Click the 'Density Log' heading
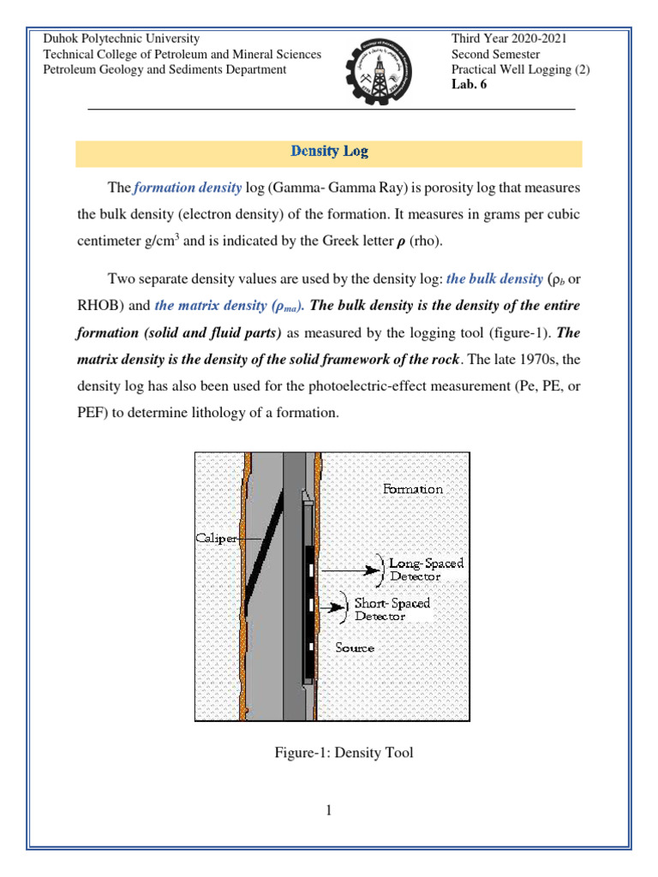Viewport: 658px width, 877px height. (x=329, y=152)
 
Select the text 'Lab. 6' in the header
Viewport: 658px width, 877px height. (x=469, y=84)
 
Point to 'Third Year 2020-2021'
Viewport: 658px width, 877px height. (x=509, y=39)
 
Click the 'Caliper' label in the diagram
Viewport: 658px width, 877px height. (x=212, y=538)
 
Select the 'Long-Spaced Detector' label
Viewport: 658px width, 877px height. (x=426, y=570)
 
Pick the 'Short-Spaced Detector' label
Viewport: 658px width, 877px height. (x=392, y=609)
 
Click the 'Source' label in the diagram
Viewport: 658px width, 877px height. (x=355, y=647)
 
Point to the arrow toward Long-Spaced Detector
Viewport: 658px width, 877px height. (x=362, y=568)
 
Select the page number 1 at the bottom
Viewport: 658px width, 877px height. (x=328, y=811)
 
